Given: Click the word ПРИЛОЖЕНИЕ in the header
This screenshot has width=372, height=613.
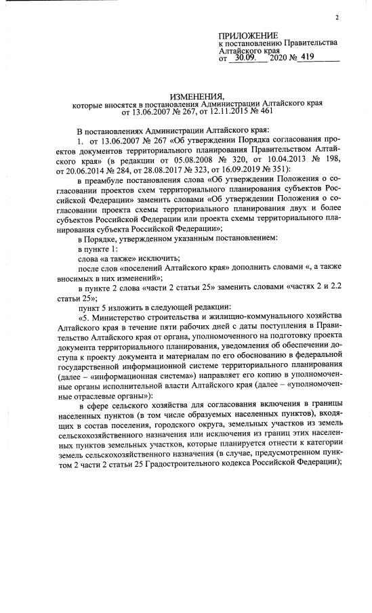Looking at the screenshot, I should [x=248, y=35].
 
